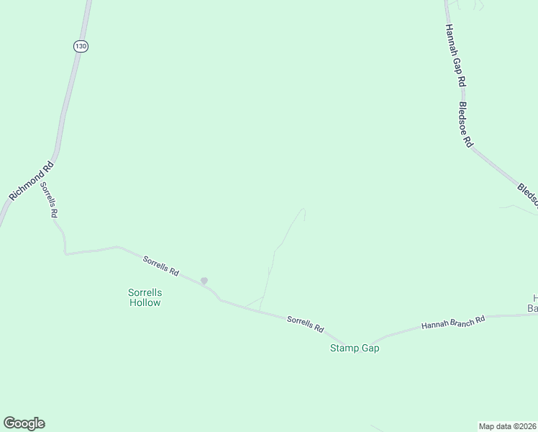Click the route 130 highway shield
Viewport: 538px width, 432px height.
[x=81, y=46]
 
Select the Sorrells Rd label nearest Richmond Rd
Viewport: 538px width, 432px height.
[x=49, y=199]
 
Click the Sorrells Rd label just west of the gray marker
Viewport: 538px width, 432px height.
[x=160, y=266]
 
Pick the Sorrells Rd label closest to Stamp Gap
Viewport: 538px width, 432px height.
[x=306, y=324]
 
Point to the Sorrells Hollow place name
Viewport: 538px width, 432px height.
[x=145, y=297]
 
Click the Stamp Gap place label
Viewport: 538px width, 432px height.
[x=354, y=348]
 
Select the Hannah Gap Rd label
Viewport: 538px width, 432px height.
[x=452, y=56]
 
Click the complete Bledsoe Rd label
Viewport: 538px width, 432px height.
[x=465, y=124]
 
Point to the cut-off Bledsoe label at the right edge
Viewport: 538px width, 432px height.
[x=527, y=194]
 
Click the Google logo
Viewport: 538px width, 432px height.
[x=24, y=423]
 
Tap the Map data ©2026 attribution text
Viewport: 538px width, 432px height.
[x=507, y=426]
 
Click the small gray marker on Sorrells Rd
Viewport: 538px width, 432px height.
[x=204, y=281]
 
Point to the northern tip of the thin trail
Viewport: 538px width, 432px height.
[x=303, y=210]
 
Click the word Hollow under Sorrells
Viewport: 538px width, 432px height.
[x=145, y=302]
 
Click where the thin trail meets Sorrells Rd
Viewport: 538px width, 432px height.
[x=260, y=310]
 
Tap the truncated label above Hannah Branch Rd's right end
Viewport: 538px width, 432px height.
[x=533, y=303]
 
